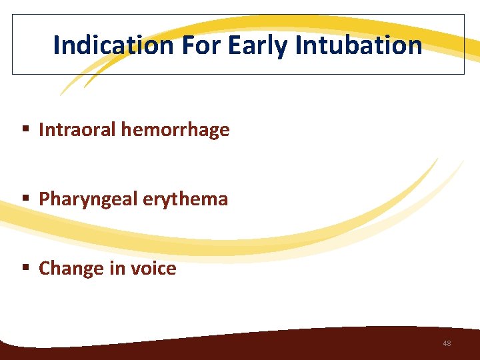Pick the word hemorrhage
[x=175, y=129]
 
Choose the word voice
[x=155, y=268]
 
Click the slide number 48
[x=447, y=343]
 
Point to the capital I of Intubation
[x=299, y=45]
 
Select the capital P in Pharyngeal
[x=44, y=199]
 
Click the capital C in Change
[x=45, y=268]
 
